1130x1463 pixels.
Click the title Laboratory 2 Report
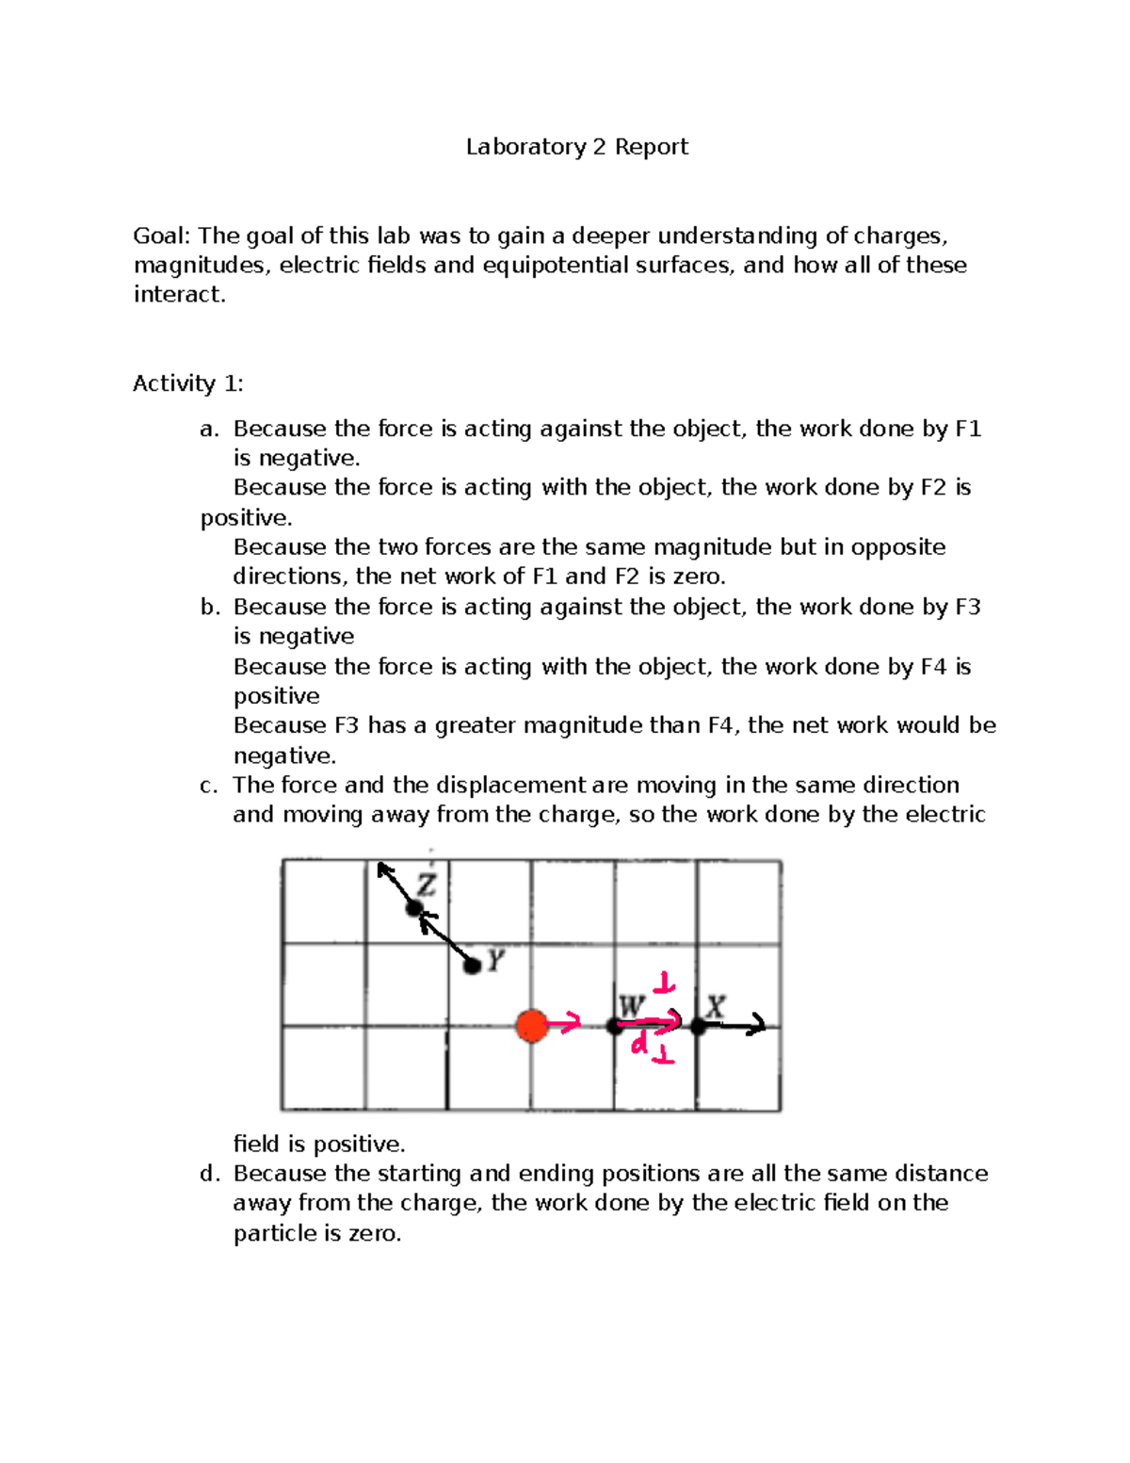576,147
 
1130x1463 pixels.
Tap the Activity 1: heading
187,383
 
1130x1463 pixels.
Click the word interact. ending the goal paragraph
179,294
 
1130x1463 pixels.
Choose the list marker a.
209,430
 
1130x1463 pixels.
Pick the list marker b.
209,608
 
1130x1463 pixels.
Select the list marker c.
208,786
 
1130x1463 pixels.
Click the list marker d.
209,1174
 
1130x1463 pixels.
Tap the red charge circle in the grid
532,1025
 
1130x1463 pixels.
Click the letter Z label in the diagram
428,885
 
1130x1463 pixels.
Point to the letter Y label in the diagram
496,961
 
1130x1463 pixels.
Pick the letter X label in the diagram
716,1006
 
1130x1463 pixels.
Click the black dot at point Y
473,966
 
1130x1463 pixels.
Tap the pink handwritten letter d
639,1044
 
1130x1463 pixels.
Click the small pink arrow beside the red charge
565,1025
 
